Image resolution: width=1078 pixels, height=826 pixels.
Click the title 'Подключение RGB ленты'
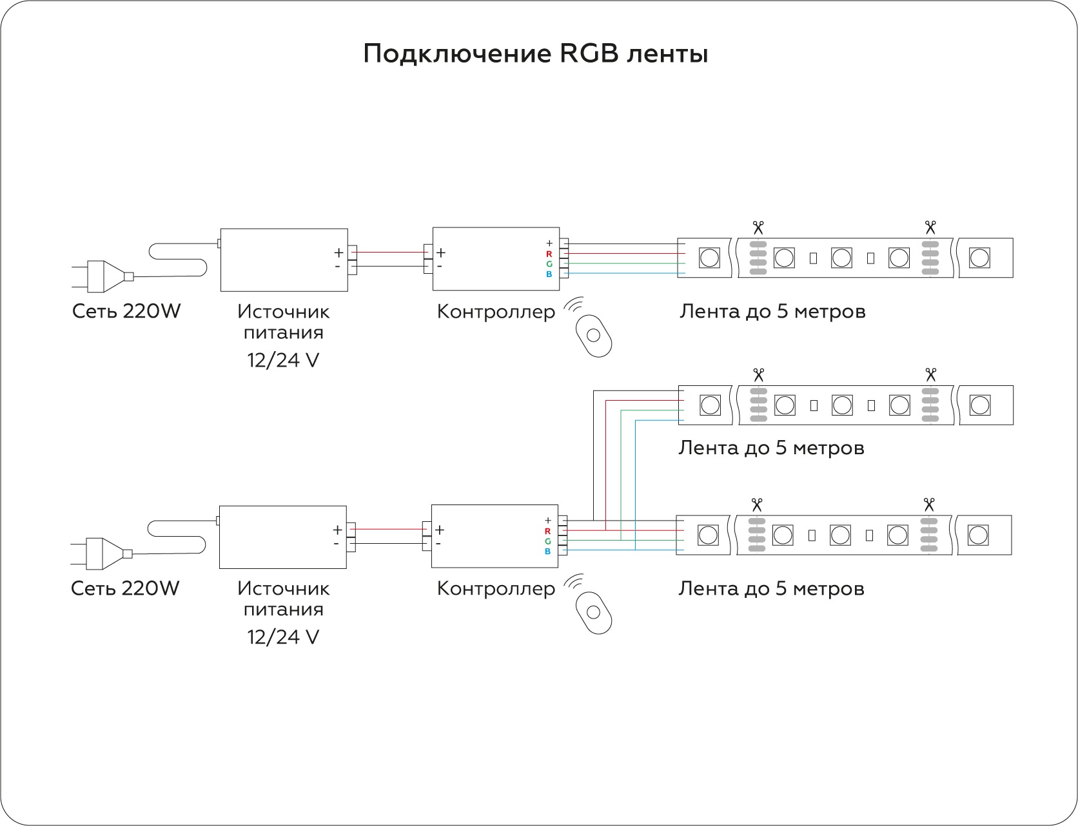pos(535,54)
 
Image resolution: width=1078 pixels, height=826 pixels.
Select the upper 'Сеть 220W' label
pos(126,312)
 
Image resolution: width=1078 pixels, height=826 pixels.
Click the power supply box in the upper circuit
pos(284,260)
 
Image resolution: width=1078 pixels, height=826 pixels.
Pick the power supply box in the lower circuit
pos(282,537)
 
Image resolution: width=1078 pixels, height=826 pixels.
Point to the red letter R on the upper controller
pos(549,254)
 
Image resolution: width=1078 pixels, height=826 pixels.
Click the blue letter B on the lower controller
pos(547,551)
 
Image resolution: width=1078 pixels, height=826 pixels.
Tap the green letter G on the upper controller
pos(549,264)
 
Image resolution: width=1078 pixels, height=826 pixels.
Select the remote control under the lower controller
pos(593,611)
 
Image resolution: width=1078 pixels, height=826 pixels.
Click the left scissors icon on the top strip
pos(758,227)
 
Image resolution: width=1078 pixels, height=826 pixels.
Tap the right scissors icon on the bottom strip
pos(928,504)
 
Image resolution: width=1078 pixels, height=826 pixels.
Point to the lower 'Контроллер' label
pos(495,588)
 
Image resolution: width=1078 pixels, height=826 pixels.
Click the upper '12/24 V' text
pos(283,360)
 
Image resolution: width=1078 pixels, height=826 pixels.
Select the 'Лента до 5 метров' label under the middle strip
pos(771,447)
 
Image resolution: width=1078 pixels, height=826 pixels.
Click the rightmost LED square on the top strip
pos(979,258)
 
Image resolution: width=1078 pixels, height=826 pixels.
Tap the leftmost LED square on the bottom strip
pos(708,535)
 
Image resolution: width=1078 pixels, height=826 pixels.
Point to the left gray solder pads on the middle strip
pos(758,405)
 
